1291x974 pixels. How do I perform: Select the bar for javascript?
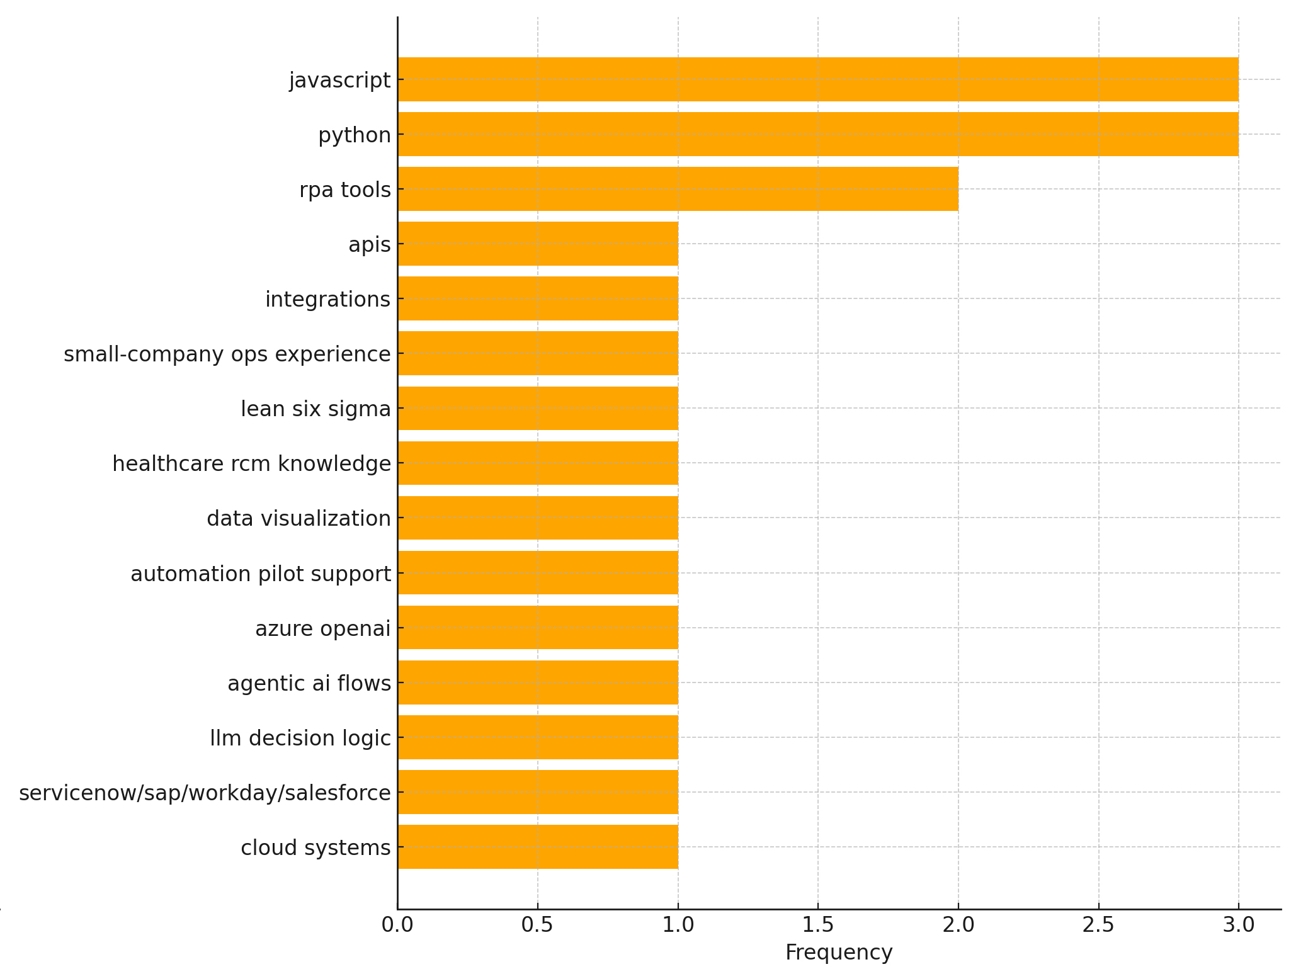(817, 79)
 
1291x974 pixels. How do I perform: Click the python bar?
(817, 134)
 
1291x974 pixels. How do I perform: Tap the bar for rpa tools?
(678, 189)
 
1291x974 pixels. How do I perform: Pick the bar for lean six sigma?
(538, 408)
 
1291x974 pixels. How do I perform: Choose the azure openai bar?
(538, 628)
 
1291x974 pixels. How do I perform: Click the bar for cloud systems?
(538, 847)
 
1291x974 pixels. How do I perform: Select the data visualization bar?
(538, 518)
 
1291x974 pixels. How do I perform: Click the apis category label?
(370, 244)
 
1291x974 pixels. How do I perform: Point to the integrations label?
(327, 299)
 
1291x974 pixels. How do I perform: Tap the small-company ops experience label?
(227, 354)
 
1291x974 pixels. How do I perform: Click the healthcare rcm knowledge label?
(251, 463)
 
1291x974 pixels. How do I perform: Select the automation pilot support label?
(261, 574)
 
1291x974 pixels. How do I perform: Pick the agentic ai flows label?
(309, 683)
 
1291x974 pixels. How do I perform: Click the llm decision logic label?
(300, 738)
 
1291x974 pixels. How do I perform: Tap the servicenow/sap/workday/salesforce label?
(205, 793)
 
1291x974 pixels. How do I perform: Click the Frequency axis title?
(838, 953)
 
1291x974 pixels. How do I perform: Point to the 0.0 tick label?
(397, 925)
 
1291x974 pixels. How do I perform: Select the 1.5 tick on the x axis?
(818, 925)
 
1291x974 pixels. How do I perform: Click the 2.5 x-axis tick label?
(1098, 925)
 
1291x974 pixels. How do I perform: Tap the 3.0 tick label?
(1238, 925)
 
